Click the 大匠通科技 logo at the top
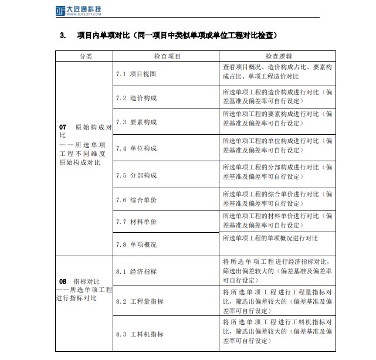tap(76, 9)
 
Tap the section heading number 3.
tap(62, 36)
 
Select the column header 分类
tap(85, 56)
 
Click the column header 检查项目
tap(167, 56)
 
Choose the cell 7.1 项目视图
tap(136, 74)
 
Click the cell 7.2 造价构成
tap(136, 98)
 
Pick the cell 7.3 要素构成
tap(136, 123)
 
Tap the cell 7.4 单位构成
tap(136, 148)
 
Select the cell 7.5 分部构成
tap(136, 175)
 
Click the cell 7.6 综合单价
tap(136, 201)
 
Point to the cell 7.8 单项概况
tap(136, 244)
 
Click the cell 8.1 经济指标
tap(136, 271)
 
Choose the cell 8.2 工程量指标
tap(140, 301)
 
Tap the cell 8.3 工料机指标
tap(140, 334)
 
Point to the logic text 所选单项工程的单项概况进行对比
tap(270, 239)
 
